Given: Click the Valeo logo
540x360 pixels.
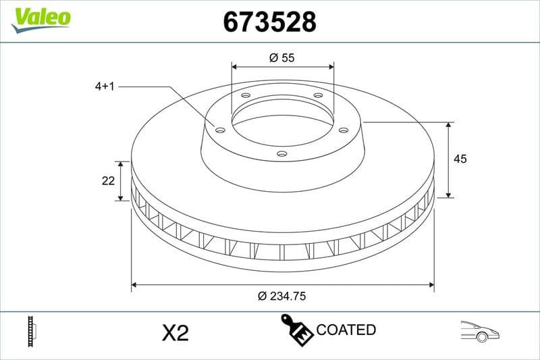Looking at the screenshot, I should tap(40, 18).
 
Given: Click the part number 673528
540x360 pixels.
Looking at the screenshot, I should tap(269, 23).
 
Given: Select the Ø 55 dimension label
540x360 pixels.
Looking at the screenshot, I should tap(282, 58).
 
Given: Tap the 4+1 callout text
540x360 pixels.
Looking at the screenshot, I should tap(107, 86).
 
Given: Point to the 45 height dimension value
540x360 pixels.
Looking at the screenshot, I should tap(460, 159).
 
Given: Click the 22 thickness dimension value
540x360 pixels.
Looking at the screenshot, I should tap(107, 180).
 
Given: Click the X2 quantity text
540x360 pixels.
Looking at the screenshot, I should tap(175, 332).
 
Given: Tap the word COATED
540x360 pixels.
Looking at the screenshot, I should tap(346, 330).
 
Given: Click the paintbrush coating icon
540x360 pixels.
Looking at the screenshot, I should tap(296, 329).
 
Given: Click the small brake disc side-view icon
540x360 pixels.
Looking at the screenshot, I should tap(32, 331).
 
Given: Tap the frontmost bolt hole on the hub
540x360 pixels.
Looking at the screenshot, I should tap(282, 154).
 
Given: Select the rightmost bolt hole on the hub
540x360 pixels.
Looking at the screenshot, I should tap(343, 130).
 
